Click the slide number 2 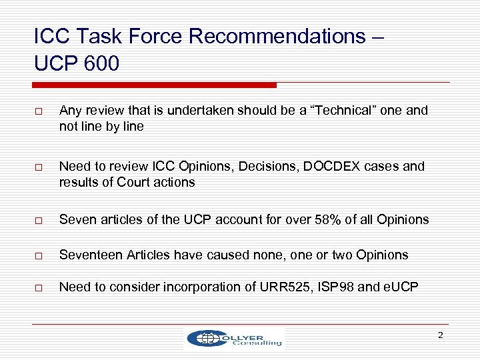pyautogui.click(x=440, y=335)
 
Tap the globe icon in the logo pyautogui.click(x=201, y=339)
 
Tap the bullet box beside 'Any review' pyautogui.click(x=39, y=111)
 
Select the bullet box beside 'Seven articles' pyautogui.click(x=39, y=220)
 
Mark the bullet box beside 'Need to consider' pyautogui.click(x=39, y=288)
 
